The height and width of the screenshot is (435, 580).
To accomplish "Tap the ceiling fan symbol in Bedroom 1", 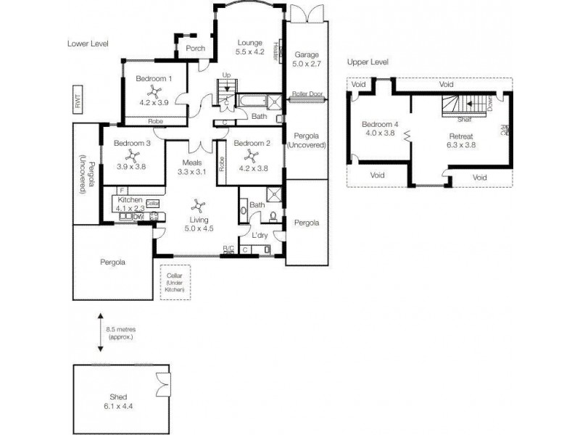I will (154, 91).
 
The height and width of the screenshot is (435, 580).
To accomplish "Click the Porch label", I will (195, 49).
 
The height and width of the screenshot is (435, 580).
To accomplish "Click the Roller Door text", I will (307, 94).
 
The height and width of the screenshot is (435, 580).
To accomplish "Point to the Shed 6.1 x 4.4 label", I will (119, 402).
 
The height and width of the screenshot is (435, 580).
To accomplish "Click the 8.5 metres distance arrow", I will (100, 334).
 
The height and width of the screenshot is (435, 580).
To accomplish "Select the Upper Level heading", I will (368, 62).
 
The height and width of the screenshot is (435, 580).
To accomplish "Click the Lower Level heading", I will (87, 43).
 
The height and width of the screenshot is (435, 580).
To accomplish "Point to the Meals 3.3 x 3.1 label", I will (192, 167).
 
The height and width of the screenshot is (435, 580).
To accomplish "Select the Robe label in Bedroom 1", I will (154, 121).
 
